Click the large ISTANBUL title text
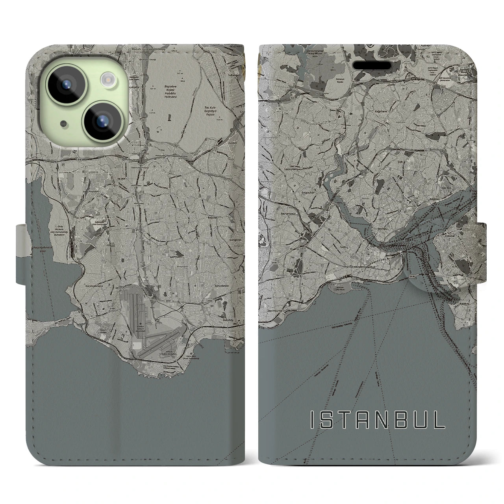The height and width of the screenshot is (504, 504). pos(378,421)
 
